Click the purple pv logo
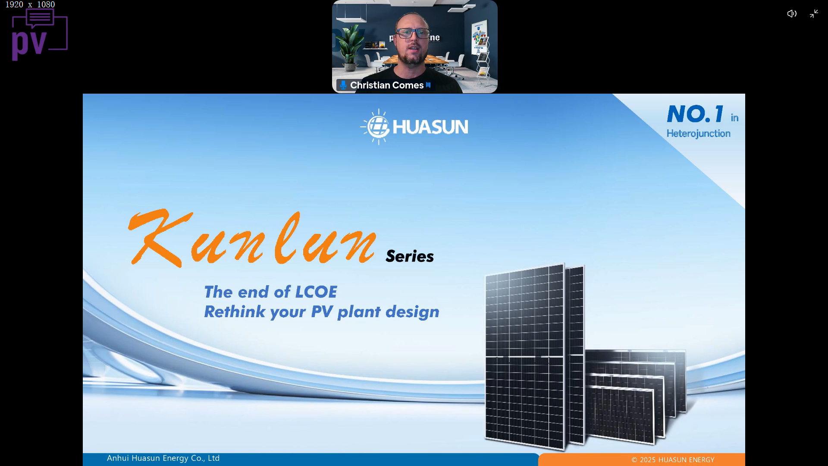pos(39,35)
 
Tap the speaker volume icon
pos(792,14)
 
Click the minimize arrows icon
pos(814,14)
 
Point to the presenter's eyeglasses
pos(413,33)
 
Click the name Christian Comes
pos(387,85)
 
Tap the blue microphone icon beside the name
pos(343,85)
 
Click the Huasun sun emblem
pos(376,127)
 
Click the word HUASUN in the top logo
pos(430,127)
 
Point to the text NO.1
pos(695,114)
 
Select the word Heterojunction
pos(699,134)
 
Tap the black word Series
pos(410,256)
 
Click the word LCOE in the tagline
pos(316,292)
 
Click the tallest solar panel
pos(524,357)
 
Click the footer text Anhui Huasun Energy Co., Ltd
pos(163,458)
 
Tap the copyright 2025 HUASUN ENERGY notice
pos(673,460)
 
